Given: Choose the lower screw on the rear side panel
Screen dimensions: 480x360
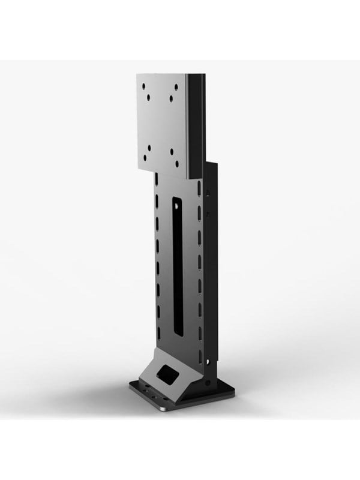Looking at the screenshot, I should pyautogui.click(x=208, y=213).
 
